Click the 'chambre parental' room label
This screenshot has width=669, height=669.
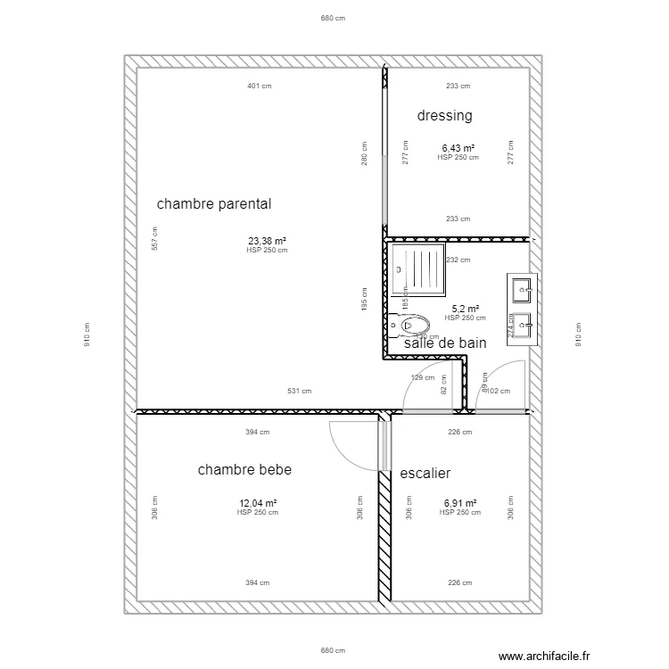coord(214,204)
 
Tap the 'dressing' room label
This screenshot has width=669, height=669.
coord(444,116)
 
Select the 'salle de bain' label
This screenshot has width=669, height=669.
coord(445,343)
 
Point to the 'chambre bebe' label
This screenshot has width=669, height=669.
coord(244,470)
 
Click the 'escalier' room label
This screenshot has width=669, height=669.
coord(425,474)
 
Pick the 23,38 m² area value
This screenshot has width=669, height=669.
coord(267,241)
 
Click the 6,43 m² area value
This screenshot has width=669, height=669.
coord(458,149)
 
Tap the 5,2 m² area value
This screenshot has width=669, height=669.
coord(465,309)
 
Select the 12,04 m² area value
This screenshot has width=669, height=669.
coord(258,503)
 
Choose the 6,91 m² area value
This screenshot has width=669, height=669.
coord(459,503)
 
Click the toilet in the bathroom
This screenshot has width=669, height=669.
coord(409,325)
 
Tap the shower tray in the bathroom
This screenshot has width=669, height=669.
coord(418,270)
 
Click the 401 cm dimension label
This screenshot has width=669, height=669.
coord(260,87)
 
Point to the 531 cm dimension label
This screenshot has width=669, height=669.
coord(299,391)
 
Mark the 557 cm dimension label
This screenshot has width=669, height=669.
coord(155,240)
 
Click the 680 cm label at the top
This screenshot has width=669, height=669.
coord(333,18)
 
